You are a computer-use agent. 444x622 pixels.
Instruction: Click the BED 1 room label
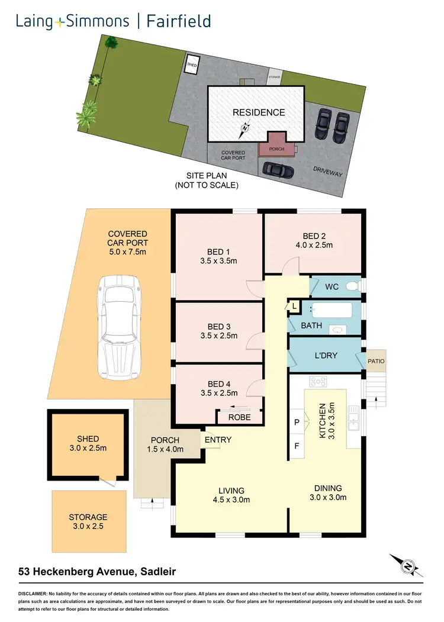click(219, 250)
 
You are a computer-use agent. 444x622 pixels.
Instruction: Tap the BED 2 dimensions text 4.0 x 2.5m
click(314, 244)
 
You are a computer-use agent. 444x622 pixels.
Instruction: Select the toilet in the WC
click(352, 286)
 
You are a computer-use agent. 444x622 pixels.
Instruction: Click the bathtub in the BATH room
click(332, 310)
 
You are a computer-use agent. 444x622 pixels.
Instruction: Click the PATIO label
click(376, 361)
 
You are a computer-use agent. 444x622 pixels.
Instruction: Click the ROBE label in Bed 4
click(239, 417)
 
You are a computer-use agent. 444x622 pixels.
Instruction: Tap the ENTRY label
click(218, 440)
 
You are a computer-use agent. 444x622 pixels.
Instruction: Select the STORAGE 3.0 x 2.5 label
click(88, 521)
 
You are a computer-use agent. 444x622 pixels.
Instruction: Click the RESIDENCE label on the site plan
click(258, 112)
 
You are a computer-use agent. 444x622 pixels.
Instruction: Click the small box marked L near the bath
click(294, 306)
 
